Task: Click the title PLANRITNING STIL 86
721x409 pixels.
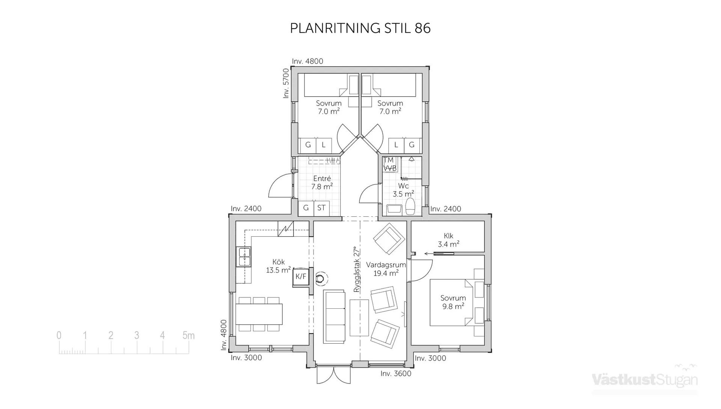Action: [360, 29]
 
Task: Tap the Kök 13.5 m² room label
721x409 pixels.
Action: [278, 266]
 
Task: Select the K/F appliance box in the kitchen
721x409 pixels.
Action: [301, 277]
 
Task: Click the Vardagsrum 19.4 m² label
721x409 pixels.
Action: [386, 269]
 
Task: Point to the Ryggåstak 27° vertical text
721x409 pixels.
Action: [357, 269]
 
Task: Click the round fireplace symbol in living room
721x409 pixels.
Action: [320, 279]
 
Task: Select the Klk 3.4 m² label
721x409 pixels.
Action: [448, 240]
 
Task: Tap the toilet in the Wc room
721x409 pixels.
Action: [410, 207]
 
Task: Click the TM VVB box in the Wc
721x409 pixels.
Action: [389, 164]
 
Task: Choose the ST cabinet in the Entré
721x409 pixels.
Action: [321, 208]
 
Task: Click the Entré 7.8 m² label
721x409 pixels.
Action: [322, 183]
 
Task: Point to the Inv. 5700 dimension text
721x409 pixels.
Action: [286, 83]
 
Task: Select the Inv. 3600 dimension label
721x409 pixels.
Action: [396, 374]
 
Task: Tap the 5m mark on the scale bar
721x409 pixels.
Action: [188, 335]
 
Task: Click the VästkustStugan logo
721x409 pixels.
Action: [645, 379]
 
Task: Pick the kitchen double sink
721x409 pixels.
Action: [244, 257]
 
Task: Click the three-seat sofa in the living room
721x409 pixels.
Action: [334, 316]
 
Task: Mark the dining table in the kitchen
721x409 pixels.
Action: [259, 314]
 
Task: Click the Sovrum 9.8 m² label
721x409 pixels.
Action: [453, 302]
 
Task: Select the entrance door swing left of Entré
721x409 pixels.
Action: [281, 186]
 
